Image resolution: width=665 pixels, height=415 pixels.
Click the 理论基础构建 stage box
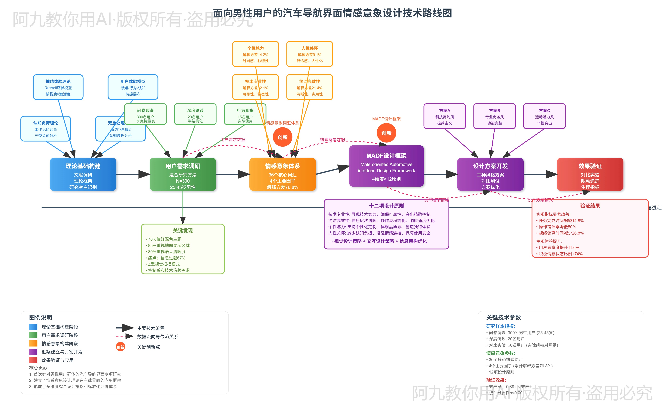click(83, 174)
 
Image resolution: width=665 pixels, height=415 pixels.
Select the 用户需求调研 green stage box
click(183, 174)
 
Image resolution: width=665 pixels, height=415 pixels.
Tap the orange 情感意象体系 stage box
click(282, 174)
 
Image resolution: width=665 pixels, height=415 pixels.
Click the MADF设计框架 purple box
click(386, 166)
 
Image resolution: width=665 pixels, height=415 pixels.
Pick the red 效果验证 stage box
click(590, 174)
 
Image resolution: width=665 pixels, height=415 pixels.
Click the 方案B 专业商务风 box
click(494, 116)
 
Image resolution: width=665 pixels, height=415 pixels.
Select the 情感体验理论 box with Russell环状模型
click(58, 87)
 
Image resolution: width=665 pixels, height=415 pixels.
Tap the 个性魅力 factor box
click(255, 54)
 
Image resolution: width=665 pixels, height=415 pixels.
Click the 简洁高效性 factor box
click(309, 87)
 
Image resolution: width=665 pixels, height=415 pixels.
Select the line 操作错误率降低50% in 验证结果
click(557, 227)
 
